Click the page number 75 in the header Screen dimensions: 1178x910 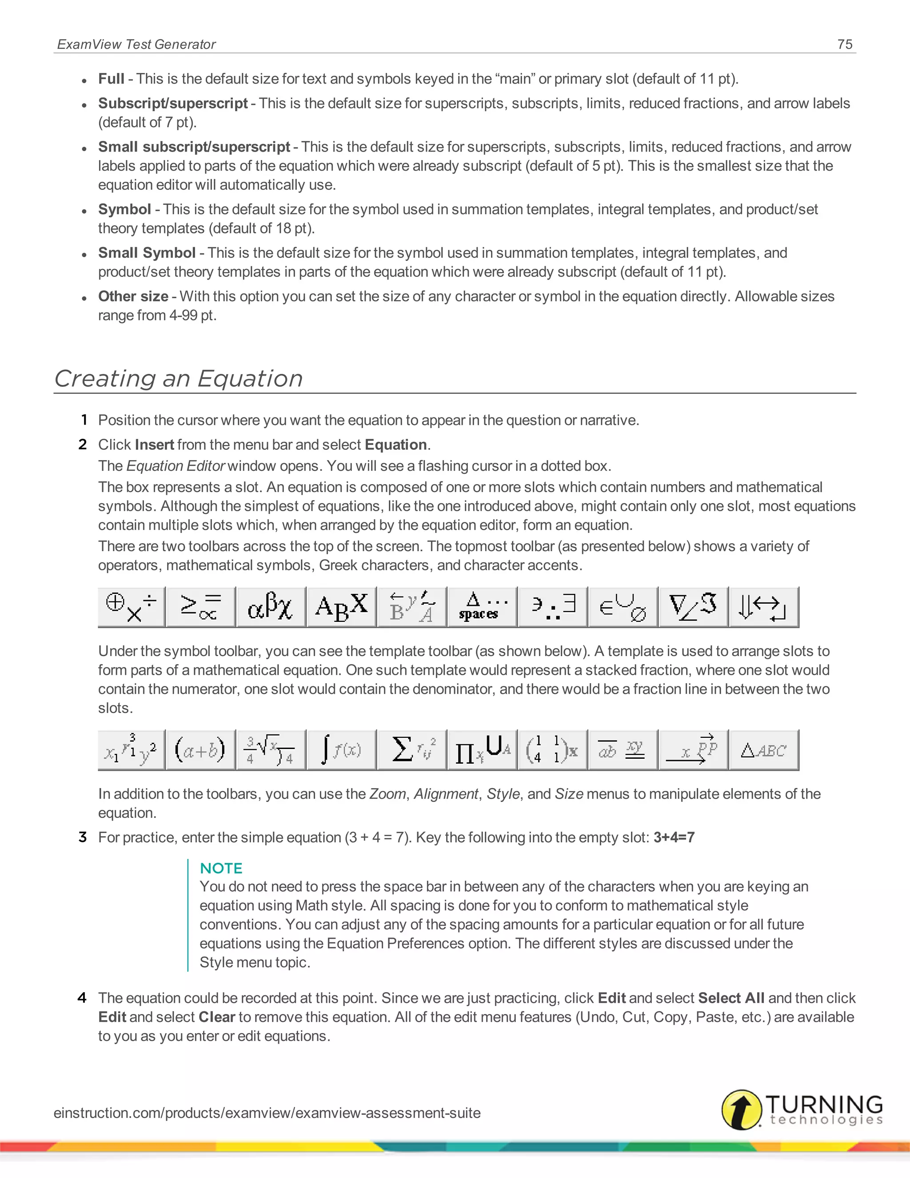845,44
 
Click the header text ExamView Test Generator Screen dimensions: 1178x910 136,44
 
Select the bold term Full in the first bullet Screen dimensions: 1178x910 111,79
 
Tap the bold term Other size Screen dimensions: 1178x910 133,296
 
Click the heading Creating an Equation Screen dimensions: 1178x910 179,378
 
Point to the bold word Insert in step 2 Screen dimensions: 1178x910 154,445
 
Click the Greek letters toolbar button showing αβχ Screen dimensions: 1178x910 271,607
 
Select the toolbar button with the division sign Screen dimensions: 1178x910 132,607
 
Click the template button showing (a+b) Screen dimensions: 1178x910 200,750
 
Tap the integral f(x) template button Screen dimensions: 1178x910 341,750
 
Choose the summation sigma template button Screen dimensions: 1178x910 412,750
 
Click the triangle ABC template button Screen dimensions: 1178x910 763,750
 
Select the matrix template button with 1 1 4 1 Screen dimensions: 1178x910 552,750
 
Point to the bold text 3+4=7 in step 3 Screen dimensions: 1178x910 674,837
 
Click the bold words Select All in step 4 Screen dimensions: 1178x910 731,998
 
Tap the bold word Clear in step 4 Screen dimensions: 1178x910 217,1017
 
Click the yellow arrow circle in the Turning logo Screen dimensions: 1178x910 742,1110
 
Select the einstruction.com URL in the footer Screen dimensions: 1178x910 267,1113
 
